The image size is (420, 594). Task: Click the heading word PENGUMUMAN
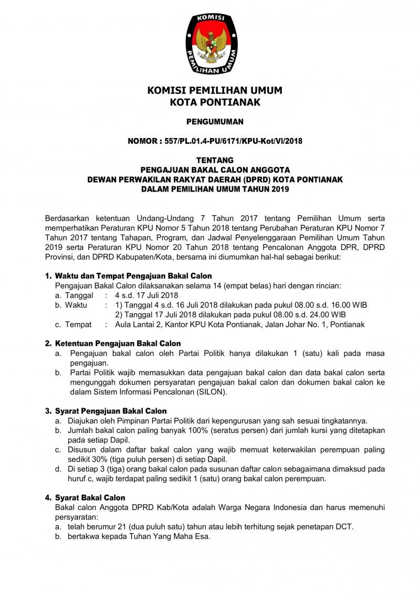215,122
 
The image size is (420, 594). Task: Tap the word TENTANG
215,160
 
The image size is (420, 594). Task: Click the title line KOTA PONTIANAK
215,102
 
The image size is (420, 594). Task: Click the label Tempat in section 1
79,324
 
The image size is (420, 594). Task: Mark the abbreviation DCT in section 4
344,527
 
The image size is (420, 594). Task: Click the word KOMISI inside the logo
211,18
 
